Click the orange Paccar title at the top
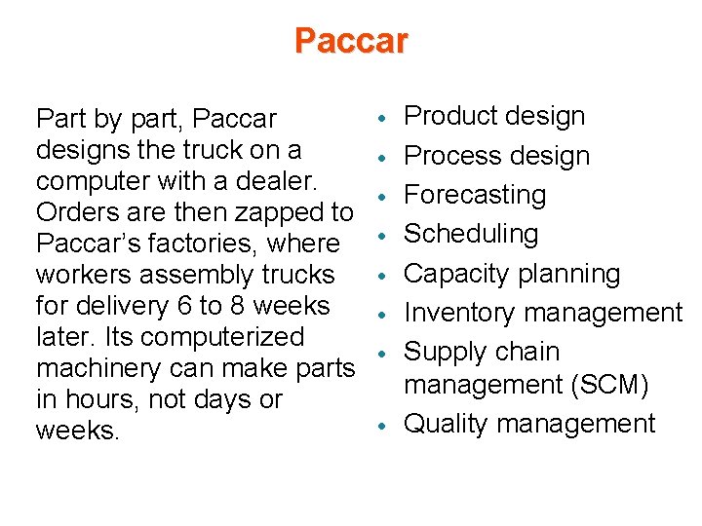[351, 41]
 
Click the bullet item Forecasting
[475, 195]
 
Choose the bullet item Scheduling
[471, 234]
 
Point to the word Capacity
[457, 274]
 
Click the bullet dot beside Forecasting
[387, 195]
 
